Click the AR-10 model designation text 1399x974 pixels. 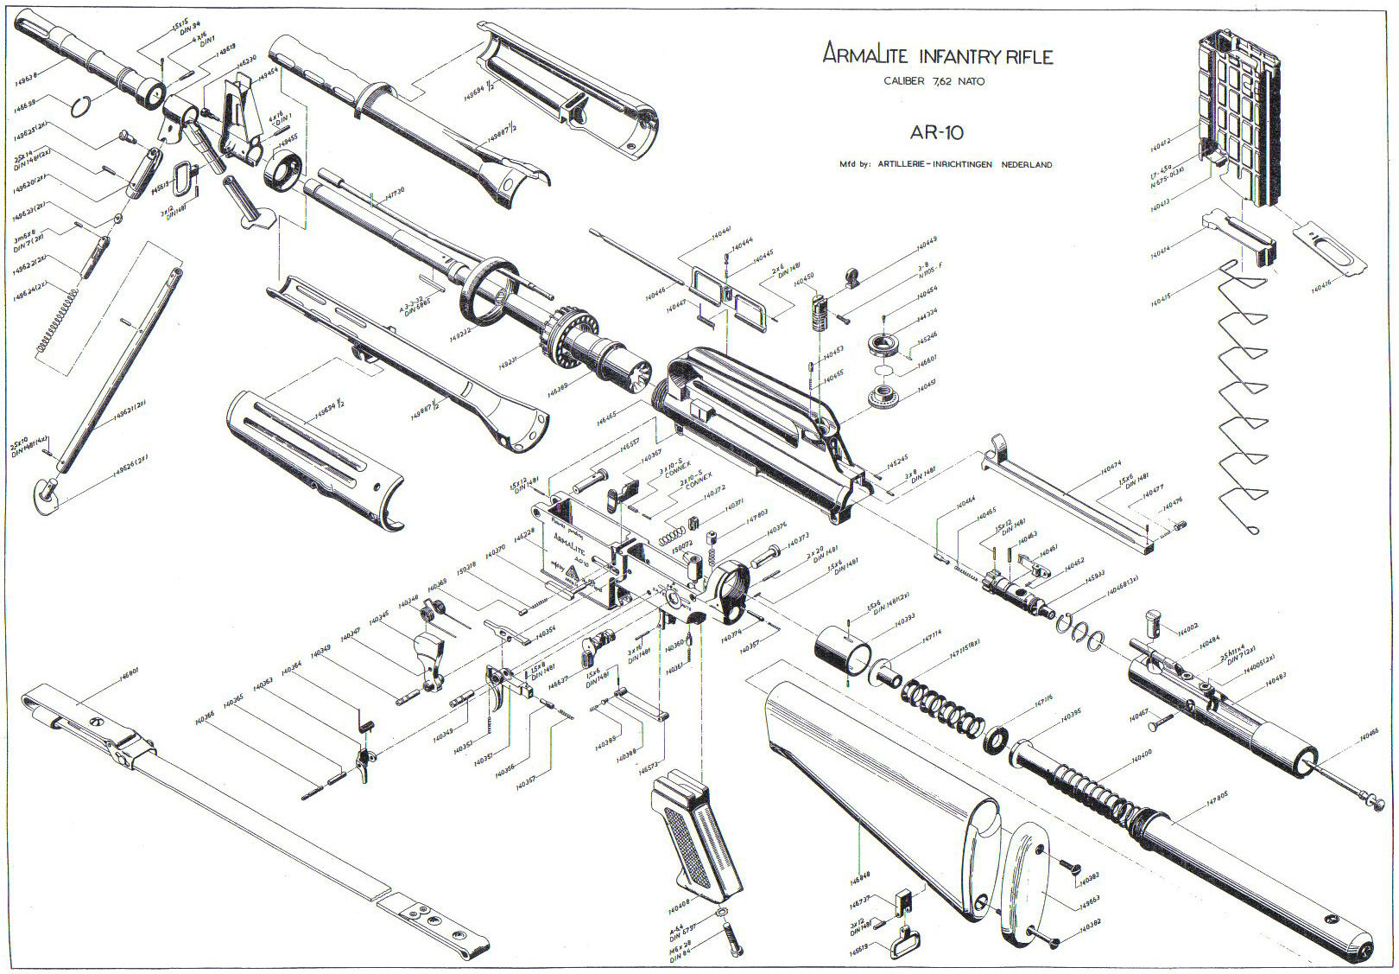pos(936,133)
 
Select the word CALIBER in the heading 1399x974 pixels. pos(904,81)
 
